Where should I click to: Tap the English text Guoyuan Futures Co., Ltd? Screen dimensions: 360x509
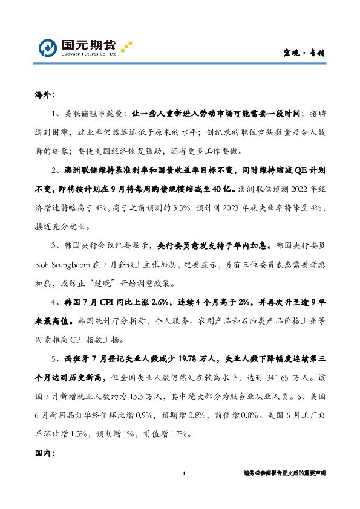[x=88, y=54]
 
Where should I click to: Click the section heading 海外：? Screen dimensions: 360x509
[x=44, y=95]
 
